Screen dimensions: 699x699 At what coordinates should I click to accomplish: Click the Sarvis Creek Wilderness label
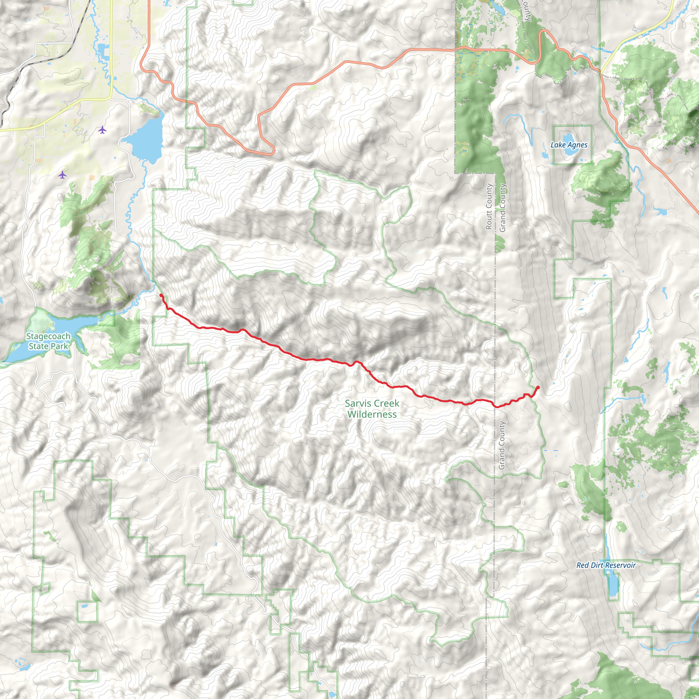(x=372, y=409)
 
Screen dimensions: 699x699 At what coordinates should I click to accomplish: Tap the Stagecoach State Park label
(x=48, y=341)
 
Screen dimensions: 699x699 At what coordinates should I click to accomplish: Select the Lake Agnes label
(x=569, y=145)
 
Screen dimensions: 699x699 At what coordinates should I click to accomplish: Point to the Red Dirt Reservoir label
(x=606, y=565)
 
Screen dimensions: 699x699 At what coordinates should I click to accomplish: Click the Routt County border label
(x=489, y=206)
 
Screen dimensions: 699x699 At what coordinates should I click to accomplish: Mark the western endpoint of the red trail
(x=161, y=296)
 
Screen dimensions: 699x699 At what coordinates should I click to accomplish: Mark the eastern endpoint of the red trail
(x=538, y=387)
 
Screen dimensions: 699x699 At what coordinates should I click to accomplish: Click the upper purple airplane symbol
(x=102, y=129)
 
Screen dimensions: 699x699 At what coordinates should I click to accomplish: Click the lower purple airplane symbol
(x=62, y=175)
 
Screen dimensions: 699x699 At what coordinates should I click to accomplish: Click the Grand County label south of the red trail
(x=501, y=445)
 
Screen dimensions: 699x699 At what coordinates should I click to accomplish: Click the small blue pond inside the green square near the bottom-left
(x=84, y=606)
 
